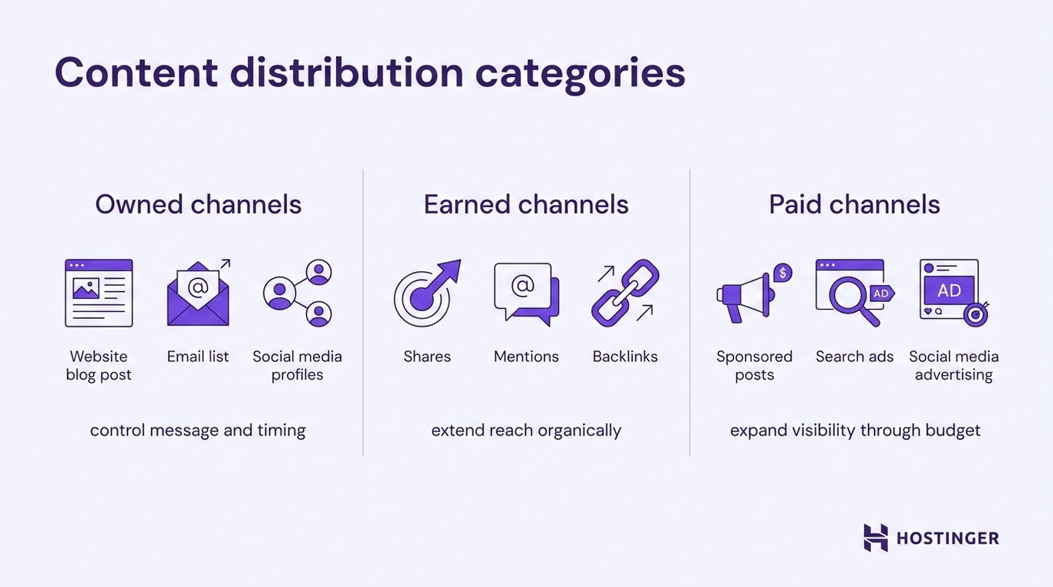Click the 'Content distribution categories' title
click(x=369, y=74)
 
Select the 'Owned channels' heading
click(x=198, y=204)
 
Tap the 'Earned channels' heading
click(x=526, y=204)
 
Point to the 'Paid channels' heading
click(x=854, y=204)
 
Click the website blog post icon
click(x=99, y=293)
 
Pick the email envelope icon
click(x=198, y=294)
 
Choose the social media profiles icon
click(x=298, y=293)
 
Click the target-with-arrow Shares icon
click(x=426, y=293)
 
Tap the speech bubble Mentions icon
click(x=526, y=293)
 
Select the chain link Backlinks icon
click(x=625, y=293)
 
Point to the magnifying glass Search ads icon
click(x=853, y=293)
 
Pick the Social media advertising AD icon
click(x=953, y=293)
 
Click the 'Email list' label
click(x=198, y=357)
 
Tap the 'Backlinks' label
click(x=625, y=357)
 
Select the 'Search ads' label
click(x=854, y=357)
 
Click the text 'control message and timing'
click(x=198, y=430)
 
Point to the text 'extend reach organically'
click(x=526, y=430)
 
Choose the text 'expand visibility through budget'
click(x=855, y=430)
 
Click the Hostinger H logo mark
click(x=875, y=538)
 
